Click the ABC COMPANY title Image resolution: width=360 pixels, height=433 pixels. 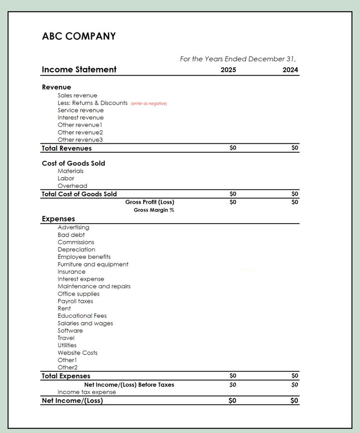click(x=78, y=36)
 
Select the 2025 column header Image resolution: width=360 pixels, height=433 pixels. click(x=228, y=70)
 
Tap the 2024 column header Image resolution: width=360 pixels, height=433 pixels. click(x=290, y=70)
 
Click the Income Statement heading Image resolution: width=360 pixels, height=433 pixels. click(x=79, y=69)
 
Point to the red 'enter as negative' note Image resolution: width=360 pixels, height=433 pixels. click(x=149, y=104)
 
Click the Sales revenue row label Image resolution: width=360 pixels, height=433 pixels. click(x=77, y=95)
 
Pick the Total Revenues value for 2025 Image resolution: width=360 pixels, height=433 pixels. click(x=233, y=148)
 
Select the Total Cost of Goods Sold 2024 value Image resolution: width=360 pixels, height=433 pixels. click(x=295, y=194)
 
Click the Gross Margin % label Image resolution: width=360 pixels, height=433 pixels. click(x=154, y=210)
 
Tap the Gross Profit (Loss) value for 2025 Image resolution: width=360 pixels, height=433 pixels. click(x=233, y=202)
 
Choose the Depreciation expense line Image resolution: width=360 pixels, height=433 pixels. click(x=76, y=249)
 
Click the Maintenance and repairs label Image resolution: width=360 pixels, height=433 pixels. click(x=94, y=286)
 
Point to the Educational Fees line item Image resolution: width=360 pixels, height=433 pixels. click(x=82, y=316)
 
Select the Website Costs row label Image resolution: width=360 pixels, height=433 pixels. click(x=77, y=352)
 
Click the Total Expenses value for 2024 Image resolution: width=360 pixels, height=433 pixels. click(x=295, y=375)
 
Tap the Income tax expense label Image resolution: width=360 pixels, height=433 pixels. click(x=87, y=392)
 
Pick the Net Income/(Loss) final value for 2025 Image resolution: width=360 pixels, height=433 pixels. click(x=232, y=400)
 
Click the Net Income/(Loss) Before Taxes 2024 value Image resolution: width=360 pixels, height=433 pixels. click(x=295, y=384)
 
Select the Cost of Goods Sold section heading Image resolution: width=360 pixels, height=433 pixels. click(x=73, y=163)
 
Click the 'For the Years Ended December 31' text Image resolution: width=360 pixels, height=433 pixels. click(x=238, y=59)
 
